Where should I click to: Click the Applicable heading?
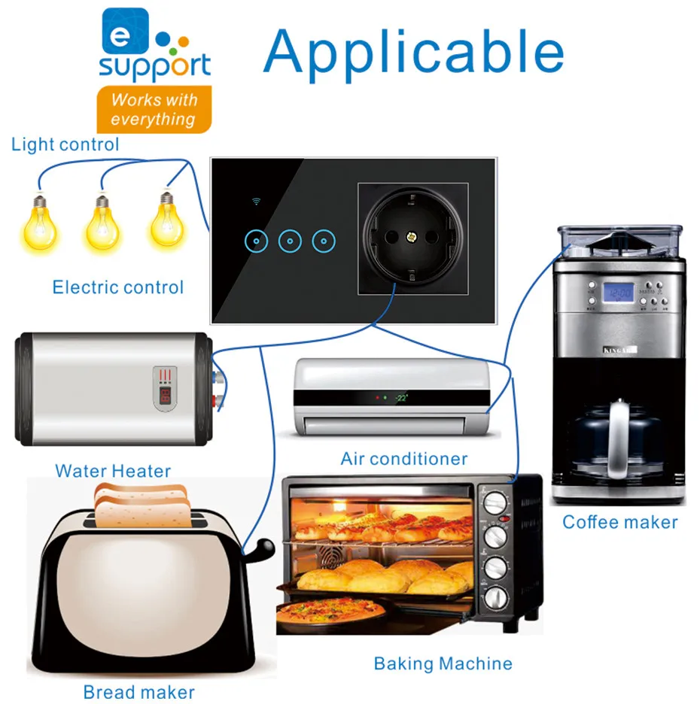[413, 51]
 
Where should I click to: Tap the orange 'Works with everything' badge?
[154, 110]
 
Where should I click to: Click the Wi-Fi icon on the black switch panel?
[257, 202]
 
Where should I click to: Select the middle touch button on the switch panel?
[290, 241]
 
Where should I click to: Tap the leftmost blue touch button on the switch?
[257, 241]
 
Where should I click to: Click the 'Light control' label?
[65, 144]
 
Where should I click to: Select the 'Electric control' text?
[117, 287]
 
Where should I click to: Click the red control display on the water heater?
[166, 387]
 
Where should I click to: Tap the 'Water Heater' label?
[113, 472]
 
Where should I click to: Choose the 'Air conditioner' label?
[404, 459]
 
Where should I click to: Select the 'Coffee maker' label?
[620, 522]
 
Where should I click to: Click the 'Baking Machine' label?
[443, 663]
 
